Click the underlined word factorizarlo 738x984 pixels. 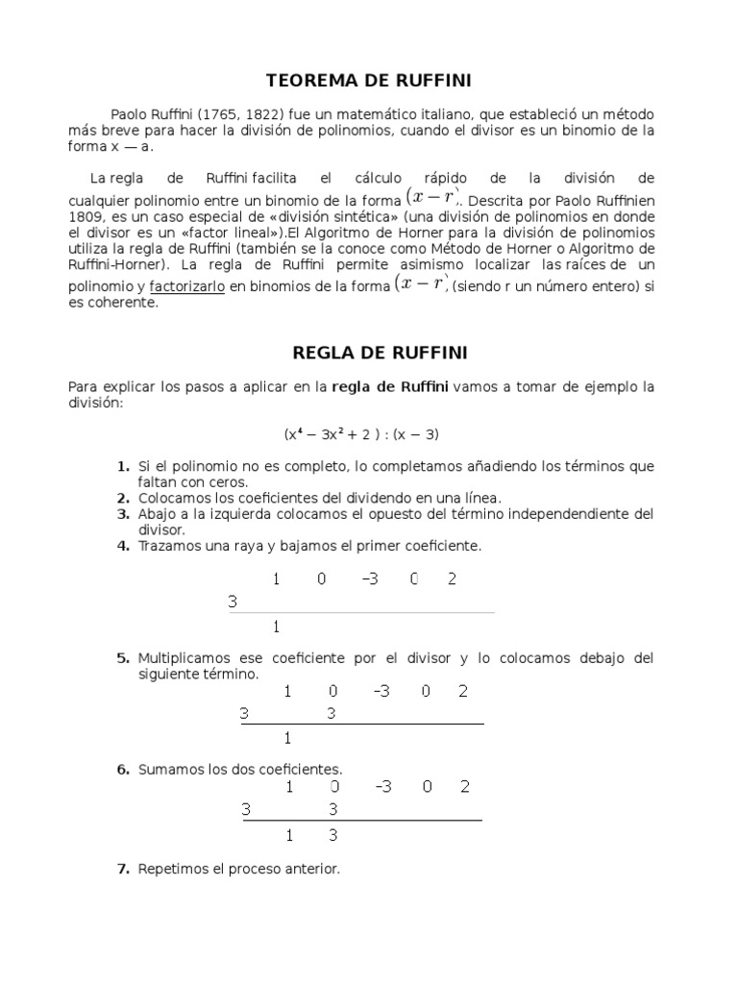(x=186, y=286)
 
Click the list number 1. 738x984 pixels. (x=123, y=466)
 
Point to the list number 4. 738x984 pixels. (x=123, y=546)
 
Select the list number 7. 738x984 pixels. (x=123, y=870)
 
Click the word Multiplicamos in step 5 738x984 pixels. (x=187, y=658)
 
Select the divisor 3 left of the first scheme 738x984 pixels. (x=233, y=603)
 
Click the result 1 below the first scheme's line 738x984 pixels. (x=277, y=627)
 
